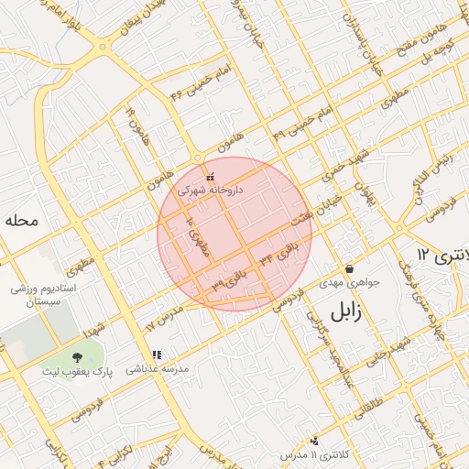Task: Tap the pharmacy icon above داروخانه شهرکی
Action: pyautogui.click(x=211, y=177)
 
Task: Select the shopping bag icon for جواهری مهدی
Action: pyautogui.click(x=349, y=268)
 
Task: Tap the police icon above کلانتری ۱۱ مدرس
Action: pyautogui.click(x=315, y=441)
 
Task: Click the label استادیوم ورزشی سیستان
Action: pyautogui.click(x=37, y=295)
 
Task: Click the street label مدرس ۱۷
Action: pyautogui.click(x=165, y=319)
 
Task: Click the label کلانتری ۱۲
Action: pyautogui.click(x=441, y=254)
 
